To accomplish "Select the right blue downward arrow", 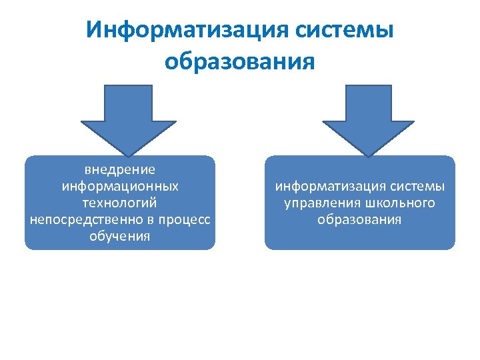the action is pos(368,117).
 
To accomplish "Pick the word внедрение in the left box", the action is pos(120,169).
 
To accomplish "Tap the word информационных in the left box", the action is pos(120,186).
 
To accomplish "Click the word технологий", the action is pos(120,202).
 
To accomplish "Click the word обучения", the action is pos(120,236).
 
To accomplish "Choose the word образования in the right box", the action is pos(359,219).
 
